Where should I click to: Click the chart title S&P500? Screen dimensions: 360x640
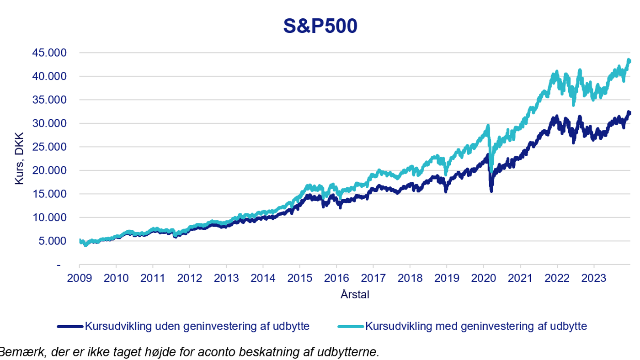(320, 26)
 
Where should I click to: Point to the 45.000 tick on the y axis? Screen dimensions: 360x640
(49, 53)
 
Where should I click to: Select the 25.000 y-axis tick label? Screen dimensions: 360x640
(49, 147)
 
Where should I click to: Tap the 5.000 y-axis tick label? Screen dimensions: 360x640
(52, 241)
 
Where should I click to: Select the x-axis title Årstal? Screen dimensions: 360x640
(355, 295)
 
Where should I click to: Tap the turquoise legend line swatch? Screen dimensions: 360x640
(351, 327)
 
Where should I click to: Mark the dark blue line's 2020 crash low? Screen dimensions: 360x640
(491, 191)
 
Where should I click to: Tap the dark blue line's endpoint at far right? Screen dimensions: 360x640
(630, 113)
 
